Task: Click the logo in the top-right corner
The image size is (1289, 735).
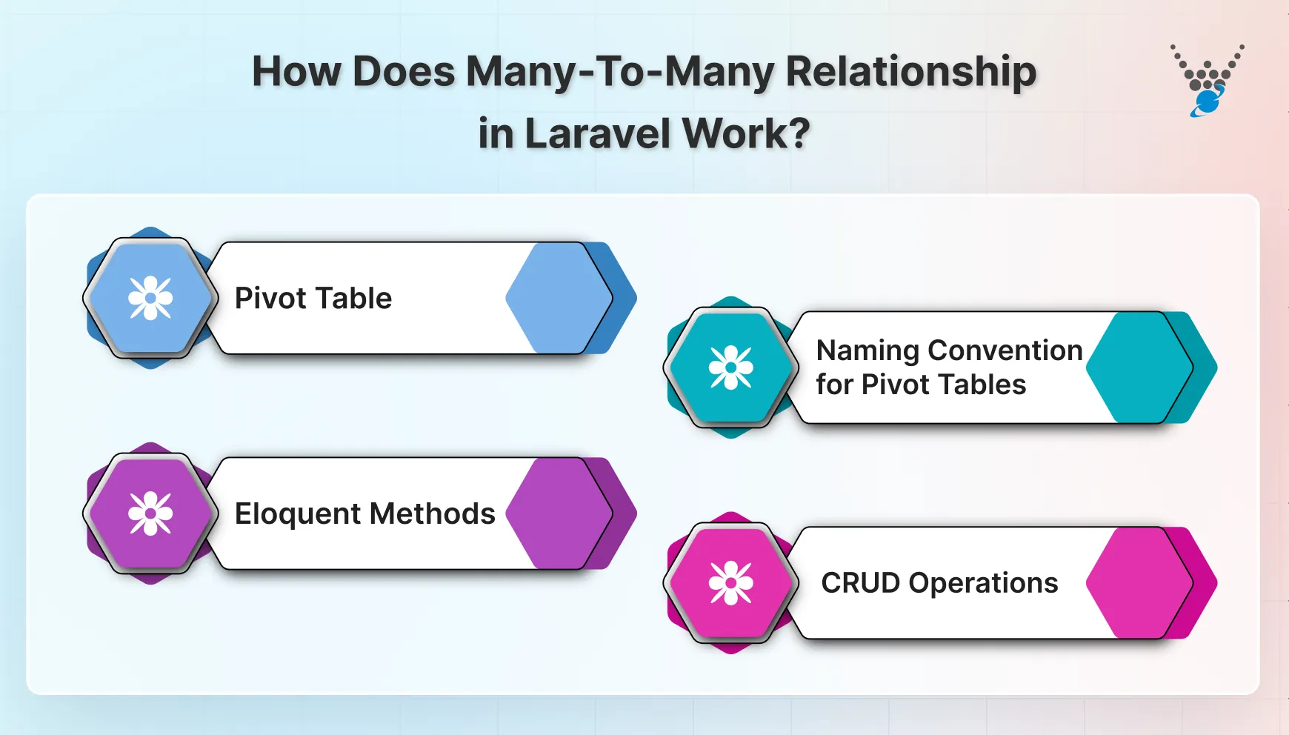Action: [1207, 80]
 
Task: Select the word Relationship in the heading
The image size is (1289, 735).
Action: [910, 72]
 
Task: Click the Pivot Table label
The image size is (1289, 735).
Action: [313, 298]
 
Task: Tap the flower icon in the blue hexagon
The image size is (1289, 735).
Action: [150, 298]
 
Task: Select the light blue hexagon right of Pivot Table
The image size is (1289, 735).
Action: [557, 298]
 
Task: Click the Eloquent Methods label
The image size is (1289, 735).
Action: [364, 513]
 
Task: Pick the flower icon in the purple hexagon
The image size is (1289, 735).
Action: [150, 513]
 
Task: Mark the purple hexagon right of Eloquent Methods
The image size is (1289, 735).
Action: [557, 513]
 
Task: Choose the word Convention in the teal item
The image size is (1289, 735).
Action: [1005, 350]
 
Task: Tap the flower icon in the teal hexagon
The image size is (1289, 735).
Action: [731, 367]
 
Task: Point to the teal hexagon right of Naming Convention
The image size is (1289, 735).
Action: [1138, 367]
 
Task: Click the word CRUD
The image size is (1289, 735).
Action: [860, 583]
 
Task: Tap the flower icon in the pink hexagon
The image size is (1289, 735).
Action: [731, 583]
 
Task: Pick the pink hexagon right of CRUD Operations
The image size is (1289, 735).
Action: [1138, 583]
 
